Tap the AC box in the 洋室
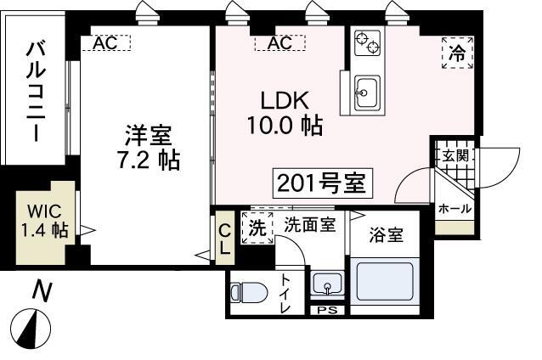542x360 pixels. coord(105,42)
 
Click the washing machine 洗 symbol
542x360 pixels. coord(257,228)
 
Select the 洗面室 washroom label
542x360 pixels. coord(310,225)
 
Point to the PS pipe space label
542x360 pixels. coord(326,310)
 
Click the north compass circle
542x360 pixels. coord(31,327)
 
